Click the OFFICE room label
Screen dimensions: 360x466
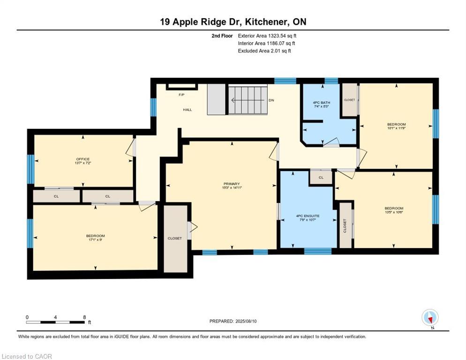(83, 159)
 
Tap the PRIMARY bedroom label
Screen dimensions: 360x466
(232, 184)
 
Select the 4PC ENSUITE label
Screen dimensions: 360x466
(308, 216)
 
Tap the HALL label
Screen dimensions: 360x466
(188, 110)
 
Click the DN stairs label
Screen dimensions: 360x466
(271, 100)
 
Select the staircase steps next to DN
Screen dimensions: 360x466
(247, 100)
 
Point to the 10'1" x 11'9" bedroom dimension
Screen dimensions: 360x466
(396, 128)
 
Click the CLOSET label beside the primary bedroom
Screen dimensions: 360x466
(174, 238)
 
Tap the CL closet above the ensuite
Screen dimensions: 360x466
(321, 178)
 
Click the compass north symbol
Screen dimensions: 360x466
(430, 318)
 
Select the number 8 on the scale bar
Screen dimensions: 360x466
(84, 317)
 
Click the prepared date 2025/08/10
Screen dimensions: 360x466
(233, 321)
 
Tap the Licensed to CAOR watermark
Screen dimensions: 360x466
(27, 357)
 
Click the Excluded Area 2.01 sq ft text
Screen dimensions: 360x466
(264, 51)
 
